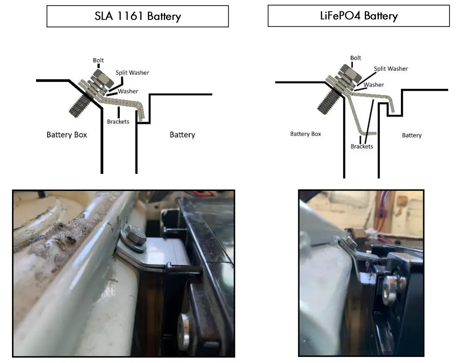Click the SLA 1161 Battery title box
click(137, 17)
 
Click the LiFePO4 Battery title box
click(358, 16)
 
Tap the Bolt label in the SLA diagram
click(99, 60)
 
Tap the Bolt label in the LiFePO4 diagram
click(356, 58)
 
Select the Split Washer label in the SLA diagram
click(132, 73)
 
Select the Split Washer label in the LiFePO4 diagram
click(391, 68)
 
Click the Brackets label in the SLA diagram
click(118, 122)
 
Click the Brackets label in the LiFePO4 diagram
click(362, 146)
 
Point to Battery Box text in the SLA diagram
click(67, 135)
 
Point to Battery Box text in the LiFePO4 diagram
click(305, 134)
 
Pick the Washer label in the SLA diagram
click(128, 91)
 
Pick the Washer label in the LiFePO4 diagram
click(374, 85)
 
